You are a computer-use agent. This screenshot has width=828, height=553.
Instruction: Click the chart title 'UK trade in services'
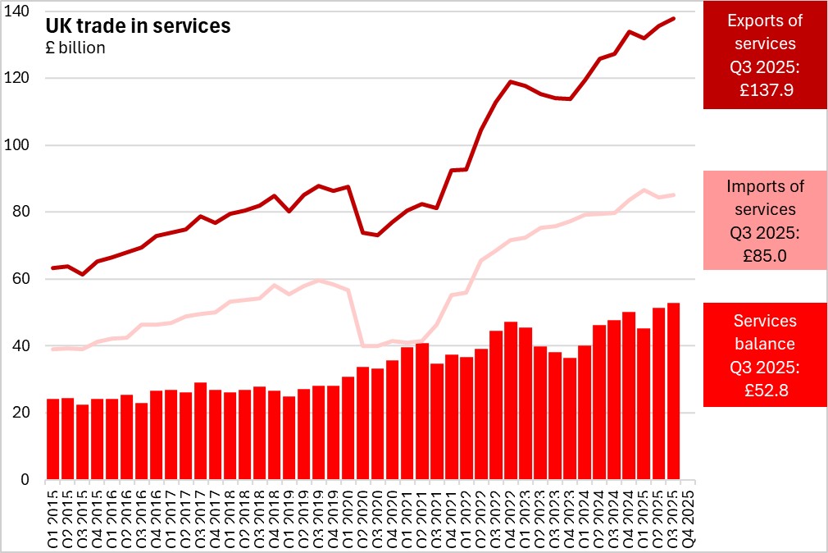(x=139, y=26)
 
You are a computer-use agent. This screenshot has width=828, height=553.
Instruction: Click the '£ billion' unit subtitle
(x=75, y=48)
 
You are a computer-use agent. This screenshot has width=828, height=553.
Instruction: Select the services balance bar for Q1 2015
(x=53, y=439)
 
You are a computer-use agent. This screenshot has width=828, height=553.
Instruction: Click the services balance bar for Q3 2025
(x=672, y=391)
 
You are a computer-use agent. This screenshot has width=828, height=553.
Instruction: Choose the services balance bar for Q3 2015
(x=83, y=442)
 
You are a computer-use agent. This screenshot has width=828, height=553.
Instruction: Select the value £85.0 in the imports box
(x=765, y=255)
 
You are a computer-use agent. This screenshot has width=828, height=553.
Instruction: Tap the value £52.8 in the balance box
(x=765, y=391)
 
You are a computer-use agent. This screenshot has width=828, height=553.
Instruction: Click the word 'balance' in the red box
(x=765, y=344)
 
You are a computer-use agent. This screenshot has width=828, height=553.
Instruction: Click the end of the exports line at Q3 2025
(x=674, y=18)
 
